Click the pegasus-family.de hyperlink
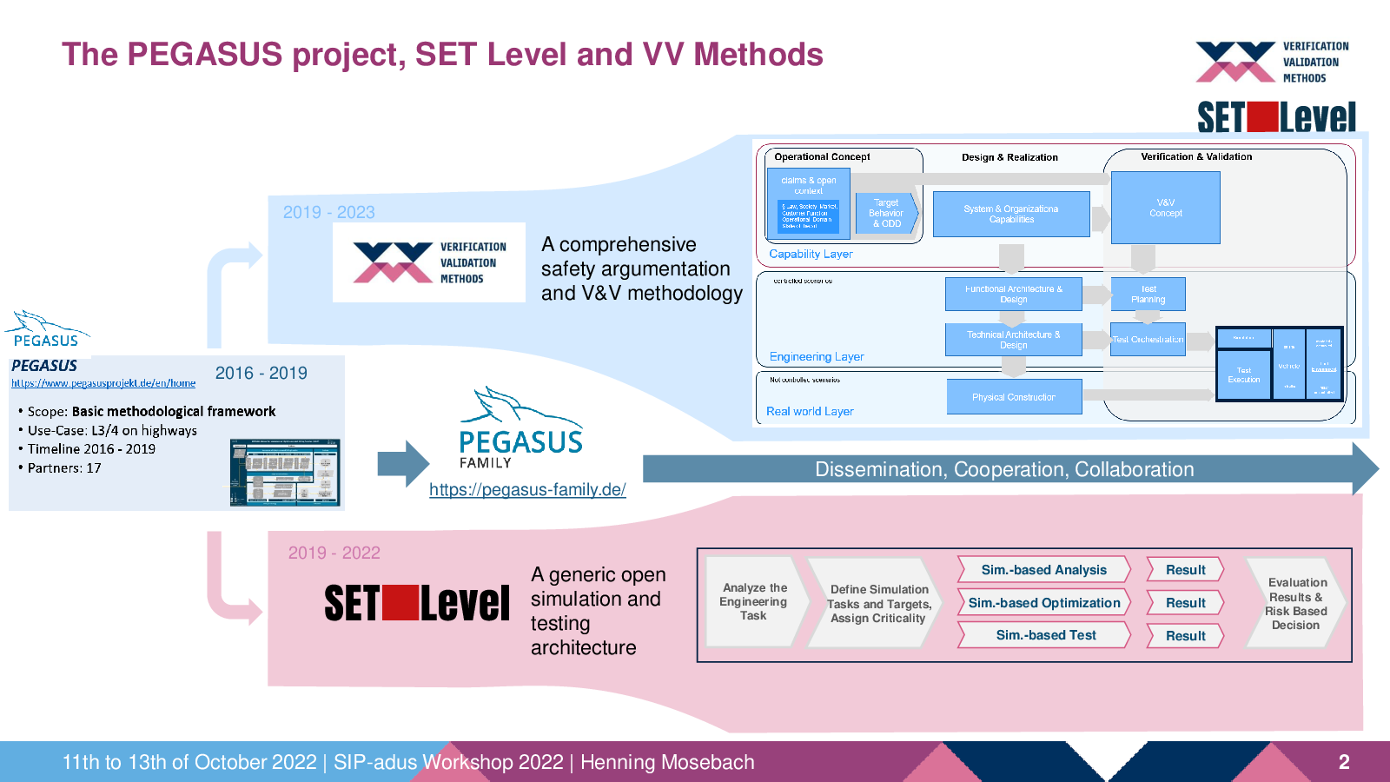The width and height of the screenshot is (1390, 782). tap(527, 489)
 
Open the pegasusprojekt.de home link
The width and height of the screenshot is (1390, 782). tap(103, 383)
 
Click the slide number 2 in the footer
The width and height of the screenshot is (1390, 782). tap(1343, 762)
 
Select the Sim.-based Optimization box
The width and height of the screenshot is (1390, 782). tap(1043, 603)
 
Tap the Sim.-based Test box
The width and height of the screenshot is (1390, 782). tap(1045, 635)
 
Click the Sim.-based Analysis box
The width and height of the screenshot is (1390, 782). tap(1043, 570)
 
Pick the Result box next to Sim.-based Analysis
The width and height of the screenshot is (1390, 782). tap(1185, 570)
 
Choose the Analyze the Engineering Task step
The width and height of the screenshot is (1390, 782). tap(753, 601)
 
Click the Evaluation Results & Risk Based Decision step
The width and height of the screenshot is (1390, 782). tap(1295, 603)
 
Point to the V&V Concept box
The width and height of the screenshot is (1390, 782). tap(1165, 208)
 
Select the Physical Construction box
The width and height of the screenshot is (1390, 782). tap(1014, 397)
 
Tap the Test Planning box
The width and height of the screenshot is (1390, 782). tap(1148, 295)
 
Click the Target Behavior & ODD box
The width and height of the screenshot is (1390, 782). tap(885, 214)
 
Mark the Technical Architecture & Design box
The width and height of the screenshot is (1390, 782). tap(1013, 340)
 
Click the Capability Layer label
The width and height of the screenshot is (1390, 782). tap(811, 255)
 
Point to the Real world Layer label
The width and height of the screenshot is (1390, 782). tap(810, 412)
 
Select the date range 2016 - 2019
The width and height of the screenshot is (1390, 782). tap(261, 373)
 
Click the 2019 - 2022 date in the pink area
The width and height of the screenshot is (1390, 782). tap(334, 553)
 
